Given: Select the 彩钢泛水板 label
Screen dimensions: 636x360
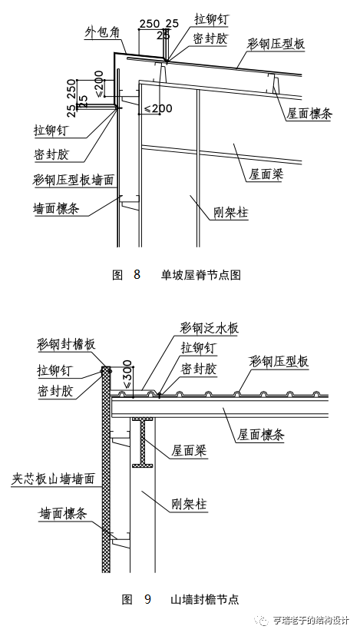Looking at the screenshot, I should coord(209,328).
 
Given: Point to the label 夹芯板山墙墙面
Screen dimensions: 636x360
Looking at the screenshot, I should coord(53,478).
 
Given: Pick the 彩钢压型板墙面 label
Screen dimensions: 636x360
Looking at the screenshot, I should coord(74,180).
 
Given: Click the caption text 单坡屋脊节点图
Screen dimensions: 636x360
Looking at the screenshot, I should coord(201,274).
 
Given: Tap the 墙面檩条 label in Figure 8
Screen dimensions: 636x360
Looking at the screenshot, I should coord(63,208).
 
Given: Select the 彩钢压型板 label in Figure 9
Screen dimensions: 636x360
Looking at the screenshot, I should coord(279,361).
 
